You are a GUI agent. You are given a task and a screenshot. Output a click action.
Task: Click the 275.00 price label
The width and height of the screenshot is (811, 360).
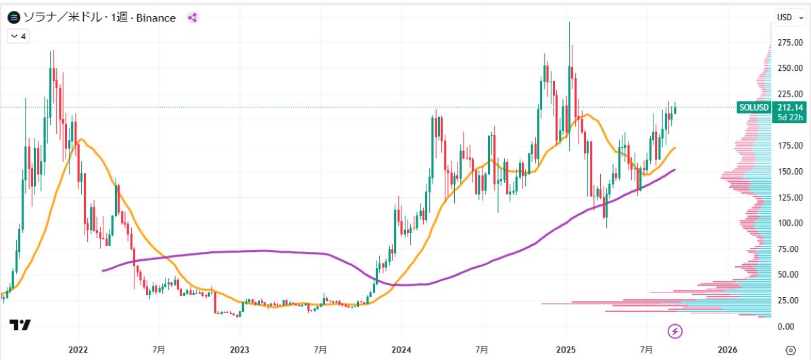789,43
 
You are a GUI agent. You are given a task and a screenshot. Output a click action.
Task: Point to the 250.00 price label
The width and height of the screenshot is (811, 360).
789,68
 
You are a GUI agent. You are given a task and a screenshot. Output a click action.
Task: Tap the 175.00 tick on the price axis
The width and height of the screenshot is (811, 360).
789,146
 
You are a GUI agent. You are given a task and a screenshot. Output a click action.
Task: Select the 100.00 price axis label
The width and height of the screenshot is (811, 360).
789,223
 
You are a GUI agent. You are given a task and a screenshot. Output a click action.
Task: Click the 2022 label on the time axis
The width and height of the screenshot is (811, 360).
78,350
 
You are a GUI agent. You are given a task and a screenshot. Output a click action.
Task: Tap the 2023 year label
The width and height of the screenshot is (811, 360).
239,350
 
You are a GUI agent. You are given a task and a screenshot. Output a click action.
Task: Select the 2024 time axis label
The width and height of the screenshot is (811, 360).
401,350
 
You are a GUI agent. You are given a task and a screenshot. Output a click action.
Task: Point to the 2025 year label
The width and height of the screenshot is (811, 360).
566,350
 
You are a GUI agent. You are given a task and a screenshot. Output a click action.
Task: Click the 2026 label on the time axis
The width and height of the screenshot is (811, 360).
727,350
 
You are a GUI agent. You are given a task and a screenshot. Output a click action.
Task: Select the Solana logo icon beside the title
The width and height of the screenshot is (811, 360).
14,18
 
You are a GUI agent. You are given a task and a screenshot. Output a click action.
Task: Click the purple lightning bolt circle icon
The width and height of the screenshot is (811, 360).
675,331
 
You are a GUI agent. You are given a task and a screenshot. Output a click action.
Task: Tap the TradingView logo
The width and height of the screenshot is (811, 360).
20,326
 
